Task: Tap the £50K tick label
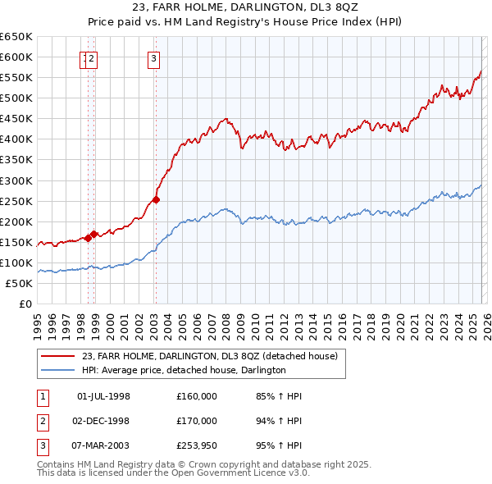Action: click(x=19, y=283)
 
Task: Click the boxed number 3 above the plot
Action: click(x=154, y=58)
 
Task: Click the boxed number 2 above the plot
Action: click(x=93, y=58)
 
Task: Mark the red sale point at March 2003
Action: click(x=156, y=199)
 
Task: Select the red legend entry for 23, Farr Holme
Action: click(x=213, y=356)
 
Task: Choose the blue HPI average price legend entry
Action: click(x=183, y=370)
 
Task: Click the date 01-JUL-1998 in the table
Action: click(x=103, y=396)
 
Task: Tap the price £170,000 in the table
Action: click(x=196, y=421)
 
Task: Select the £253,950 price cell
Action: click(x=196, y=445)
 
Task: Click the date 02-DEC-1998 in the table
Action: click(x=103, y=421)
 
